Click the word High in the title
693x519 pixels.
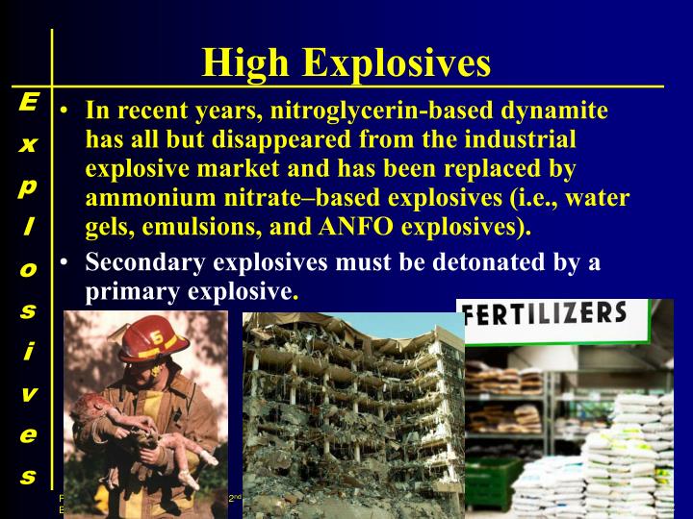coord(246,63)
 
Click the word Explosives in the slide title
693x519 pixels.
coord(398,63)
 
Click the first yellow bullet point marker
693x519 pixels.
coord(64,111)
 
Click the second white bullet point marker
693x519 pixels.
coord(64,262)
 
